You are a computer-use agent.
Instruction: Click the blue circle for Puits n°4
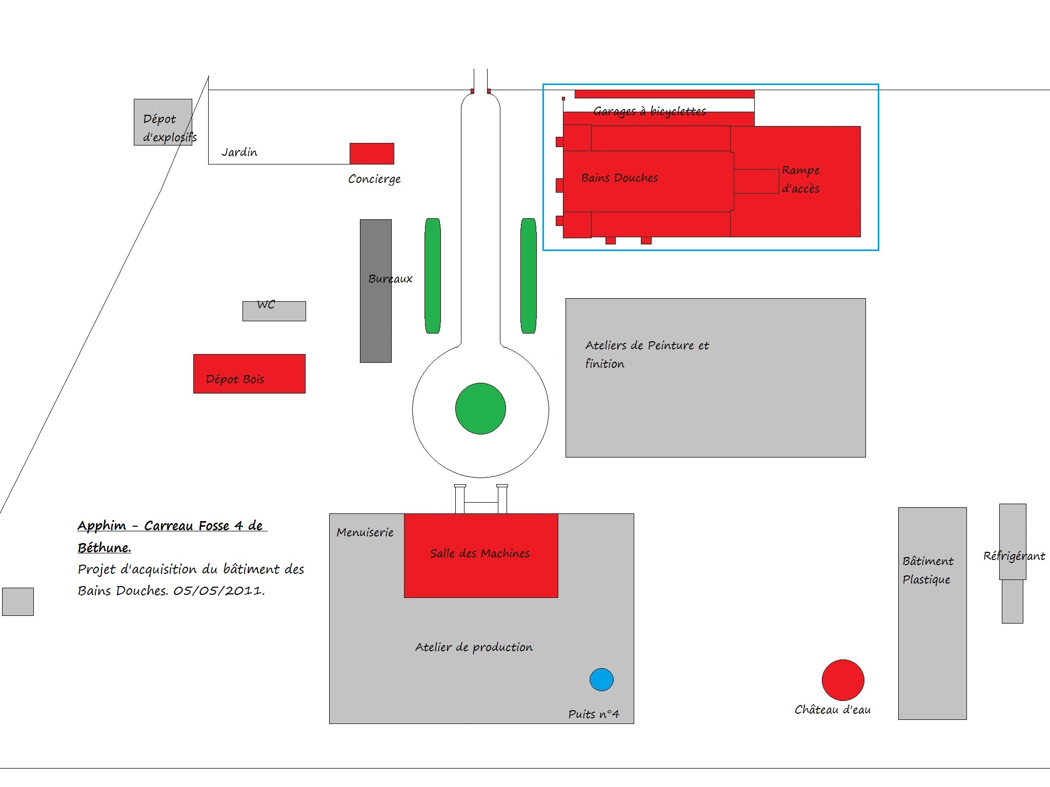coord(601,679)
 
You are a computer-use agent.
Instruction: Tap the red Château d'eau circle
coord(843,680)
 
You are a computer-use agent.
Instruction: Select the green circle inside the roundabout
coord(480,408)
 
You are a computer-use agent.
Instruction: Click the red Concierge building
coord(372,154)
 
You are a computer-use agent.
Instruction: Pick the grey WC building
coord(274,311)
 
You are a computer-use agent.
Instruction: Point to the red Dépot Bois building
coord(249,374)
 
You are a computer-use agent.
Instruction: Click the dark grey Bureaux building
coord(376,291)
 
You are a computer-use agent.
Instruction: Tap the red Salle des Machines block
coord(481,555)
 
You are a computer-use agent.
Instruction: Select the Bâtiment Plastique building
coord(933,613)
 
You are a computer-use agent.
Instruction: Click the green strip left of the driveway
coord(433,276)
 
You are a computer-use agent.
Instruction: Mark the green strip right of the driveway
coord(529,276)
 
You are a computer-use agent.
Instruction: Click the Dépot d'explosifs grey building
coord(163,122)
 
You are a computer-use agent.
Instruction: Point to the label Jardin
coord(239,152)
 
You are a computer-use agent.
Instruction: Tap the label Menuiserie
coord(365,532)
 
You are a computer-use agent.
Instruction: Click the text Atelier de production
coord(474,648)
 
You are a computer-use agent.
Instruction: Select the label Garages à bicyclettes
coord(650,111)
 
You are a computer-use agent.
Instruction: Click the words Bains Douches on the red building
coord(619,178)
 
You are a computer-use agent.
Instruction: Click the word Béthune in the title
coord(104,548)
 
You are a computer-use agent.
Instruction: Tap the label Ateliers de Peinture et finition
coord(647,355)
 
